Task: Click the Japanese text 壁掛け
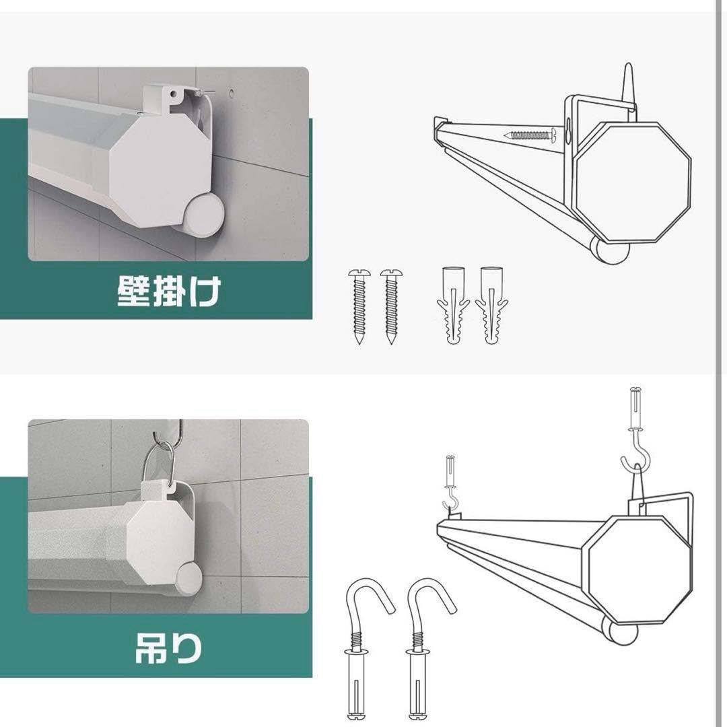(169, 291)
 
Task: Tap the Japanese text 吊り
(168, 648)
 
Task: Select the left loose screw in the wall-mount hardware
(359, 306)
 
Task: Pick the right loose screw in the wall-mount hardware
(391, 306)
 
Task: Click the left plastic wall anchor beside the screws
(454, 306)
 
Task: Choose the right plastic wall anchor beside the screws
(491, 306)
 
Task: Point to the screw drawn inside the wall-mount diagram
(530, 135)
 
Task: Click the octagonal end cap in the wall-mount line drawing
(633, 181)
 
